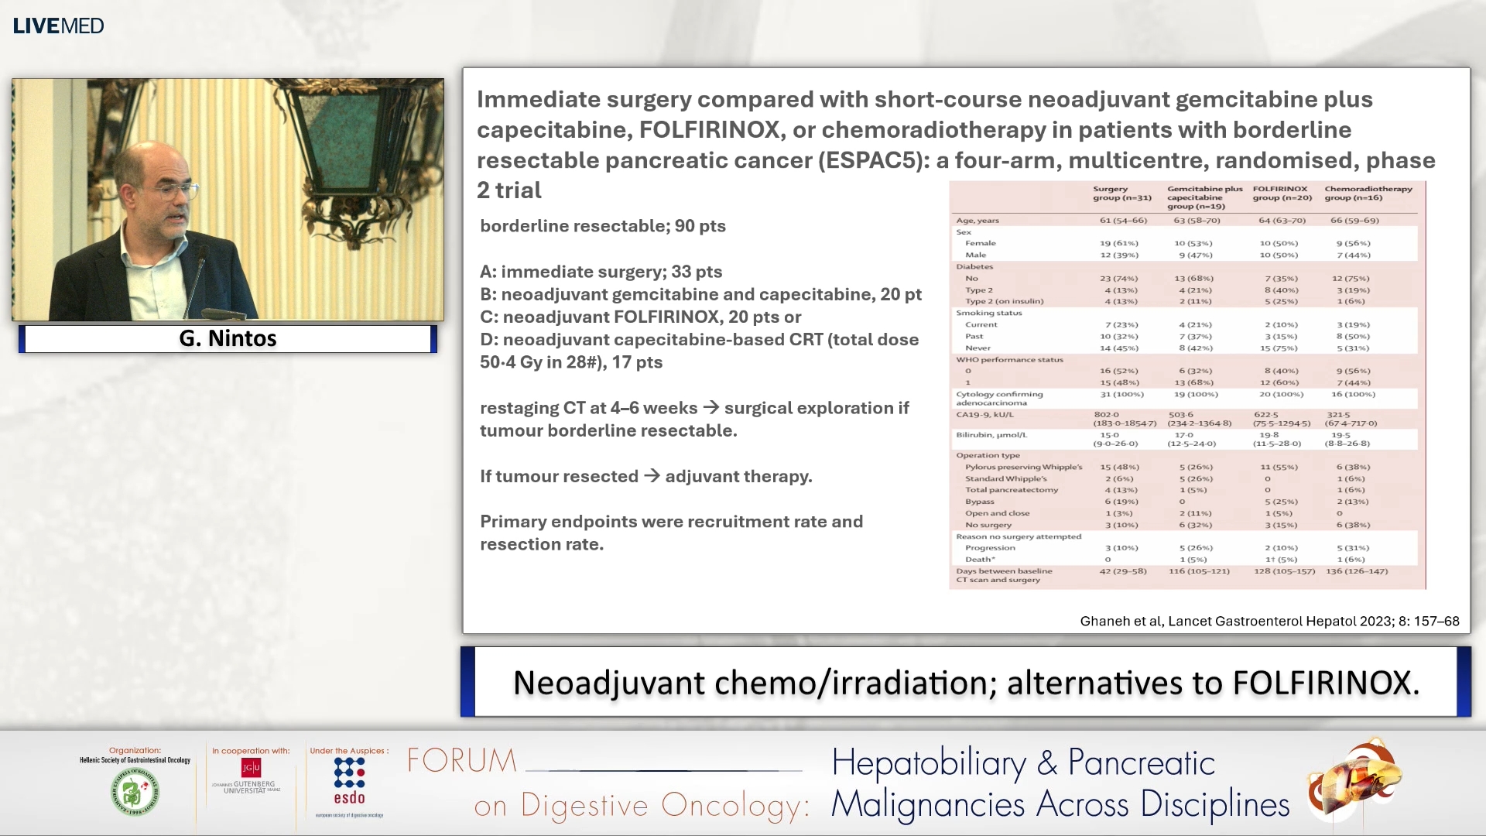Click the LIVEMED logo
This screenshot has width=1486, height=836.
(x=58, y=26)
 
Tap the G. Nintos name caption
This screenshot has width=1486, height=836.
(x=228, y=338)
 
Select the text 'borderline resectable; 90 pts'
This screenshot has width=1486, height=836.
(x=602, y=226)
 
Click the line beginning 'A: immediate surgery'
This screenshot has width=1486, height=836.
(x=601, y=272)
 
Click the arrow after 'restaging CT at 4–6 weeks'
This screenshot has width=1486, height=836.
(x=710, y=408)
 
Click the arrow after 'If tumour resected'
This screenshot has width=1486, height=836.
(x=652, y=476)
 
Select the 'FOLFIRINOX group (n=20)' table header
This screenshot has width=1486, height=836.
(x=1282, y=194)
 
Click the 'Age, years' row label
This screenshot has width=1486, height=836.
(x=977, y=221)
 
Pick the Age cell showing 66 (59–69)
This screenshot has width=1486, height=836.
(x=1354, y=221)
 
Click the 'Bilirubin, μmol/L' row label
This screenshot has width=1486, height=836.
(x=991, y=435)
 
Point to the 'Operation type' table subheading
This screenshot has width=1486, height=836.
(x=988, y=455)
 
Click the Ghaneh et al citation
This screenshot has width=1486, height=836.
(x=1269, y=621)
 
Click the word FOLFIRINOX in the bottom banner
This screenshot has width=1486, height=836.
(x=1325, y=683)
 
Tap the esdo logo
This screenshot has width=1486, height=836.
(x=349, y=782)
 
